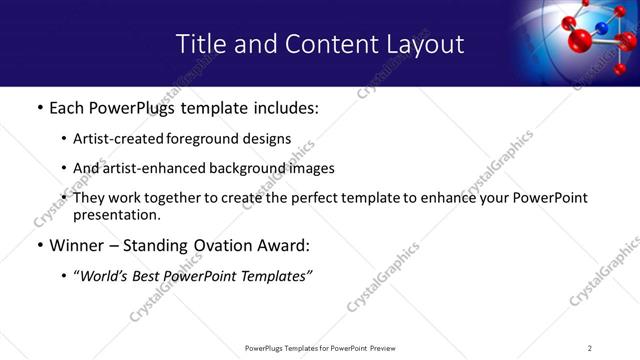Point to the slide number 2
[x=590, y=348]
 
